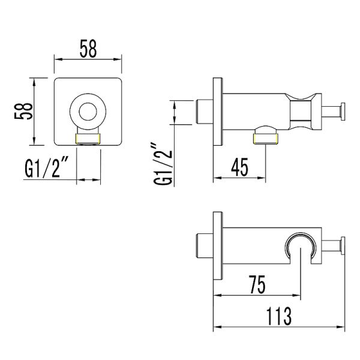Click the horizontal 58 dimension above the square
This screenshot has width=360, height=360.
coord(88,49)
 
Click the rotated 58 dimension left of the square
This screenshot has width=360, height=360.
coord(23,111)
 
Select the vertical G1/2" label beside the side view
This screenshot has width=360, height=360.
coord(163,164)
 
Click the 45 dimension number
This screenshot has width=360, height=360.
coord(239,167)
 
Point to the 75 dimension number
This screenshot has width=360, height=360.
coord(257,284)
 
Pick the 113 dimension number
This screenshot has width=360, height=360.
coord(279,316)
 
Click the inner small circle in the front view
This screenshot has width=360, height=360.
coord(88,112)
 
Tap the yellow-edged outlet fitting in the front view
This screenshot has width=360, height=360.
coord(88,139)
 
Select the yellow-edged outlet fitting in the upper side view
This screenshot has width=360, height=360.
coord(265,139)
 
